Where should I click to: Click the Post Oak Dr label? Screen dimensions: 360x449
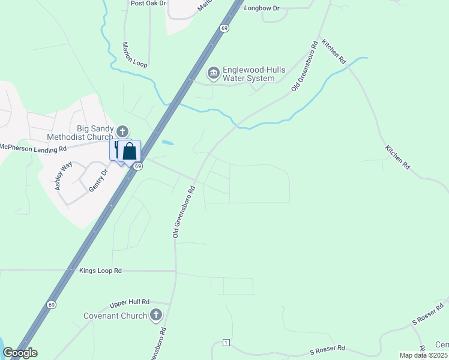(148, 3)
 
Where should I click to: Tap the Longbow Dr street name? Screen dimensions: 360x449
(262, 8)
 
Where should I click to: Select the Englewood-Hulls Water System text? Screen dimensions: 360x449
(249, 74)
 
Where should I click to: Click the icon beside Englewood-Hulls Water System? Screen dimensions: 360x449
(213, 73)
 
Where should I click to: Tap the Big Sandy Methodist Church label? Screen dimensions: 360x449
(95, 133)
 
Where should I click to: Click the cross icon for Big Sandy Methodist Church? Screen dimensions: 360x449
(122, 131)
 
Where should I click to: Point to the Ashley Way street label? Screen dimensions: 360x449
(63, 176)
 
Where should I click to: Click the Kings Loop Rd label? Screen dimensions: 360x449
(100, 271)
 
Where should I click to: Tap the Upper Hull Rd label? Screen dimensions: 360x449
(130, 304)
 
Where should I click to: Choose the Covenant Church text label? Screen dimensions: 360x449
(115, 316)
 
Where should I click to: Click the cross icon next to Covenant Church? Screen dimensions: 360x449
(156, 314)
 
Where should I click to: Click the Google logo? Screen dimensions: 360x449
(20, 353)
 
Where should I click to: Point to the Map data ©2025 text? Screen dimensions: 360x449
(423, 355)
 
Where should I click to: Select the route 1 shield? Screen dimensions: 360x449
(226, 343)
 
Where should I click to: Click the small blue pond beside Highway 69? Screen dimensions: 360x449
(168, 143)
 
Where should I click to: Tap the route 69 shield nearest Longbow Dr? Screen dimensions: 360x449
(224, 28)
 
